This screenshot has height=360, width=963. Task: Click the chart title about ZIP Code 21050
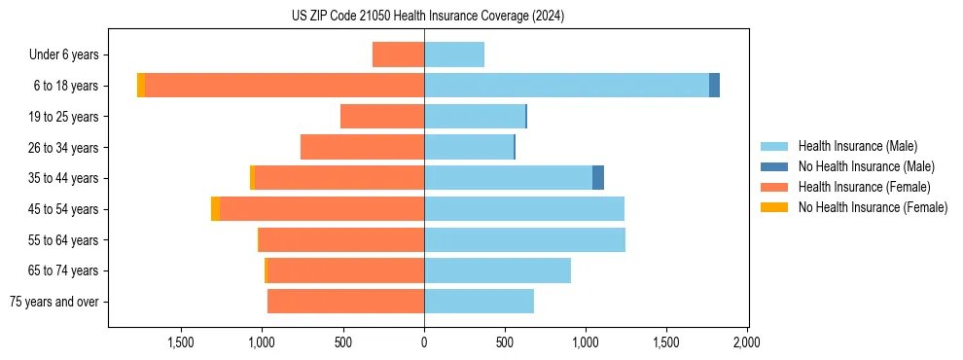coord(427,17)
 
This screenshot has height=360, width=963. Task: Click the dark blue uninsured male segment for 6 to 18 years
coord(714,86)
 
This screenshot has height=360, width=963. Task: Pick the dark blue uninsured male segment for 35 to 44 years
coord(598,178)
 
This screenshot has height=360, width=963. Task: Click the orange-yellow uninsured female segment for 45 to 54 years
coord(215,209)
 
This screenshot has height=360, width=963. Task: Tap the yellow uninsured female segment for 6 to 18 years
coord(141,86)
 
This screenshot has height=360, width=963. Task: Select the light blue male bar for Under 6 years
coord(454,54)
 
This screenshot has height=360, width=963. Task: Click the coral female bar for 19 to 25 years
coord(382,117)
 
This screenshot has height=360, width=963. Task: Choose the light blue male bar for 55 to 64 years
coord(524,240)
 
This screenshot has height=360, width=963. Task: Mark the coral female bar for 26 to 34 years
coord(362,147)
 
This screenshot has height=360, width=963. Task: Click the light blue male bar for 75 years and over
coord(479,302)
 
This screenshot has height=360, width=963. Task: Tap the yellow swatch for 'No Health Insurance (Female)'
coord(774,207)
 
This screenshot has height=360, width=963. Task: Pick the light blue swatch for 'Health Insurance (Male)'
coord(774,146)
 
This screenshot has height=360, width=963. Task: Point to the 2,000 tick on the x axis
coord(746,342)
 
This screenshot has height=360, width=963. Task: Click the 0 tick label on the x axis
coord(424,342)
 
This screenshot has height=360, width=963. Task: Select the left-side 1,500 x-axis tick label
coord(182,342)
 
